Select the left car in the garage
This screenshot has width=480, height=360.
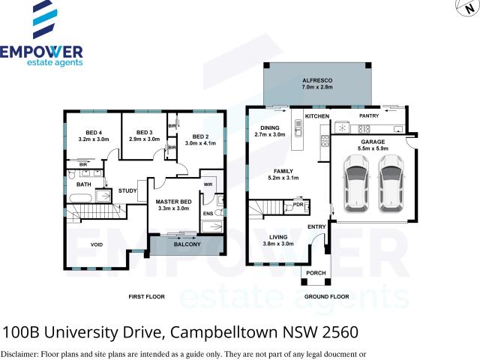(x=355, y=184)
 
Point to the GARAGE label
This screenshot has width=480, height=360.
(x=373, y=141)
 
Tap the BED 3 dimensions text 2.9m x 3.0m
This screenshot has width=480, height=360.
(x=145, y=139)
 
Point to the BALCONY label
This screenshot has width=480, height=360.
(x=187, y=244)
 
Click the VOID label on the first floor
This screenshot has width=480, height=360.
(x=96, y=244)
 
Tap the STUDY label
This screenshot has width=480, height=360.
(x=127, y=190)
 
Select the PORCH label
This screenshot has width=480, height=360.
(x=314, y=272)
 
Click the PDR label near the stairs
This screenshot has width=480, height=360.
(x=298, y=204)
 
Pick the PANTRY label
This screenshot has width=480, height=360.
(x=370, y=116)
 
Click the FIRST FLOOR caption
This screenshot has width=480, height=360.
(x=146, y=297)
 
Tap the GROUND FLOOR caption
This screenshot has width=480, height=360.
(x=326, y=297)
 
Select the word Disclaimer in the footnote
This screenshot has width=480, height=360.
(x=22, y=353)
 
